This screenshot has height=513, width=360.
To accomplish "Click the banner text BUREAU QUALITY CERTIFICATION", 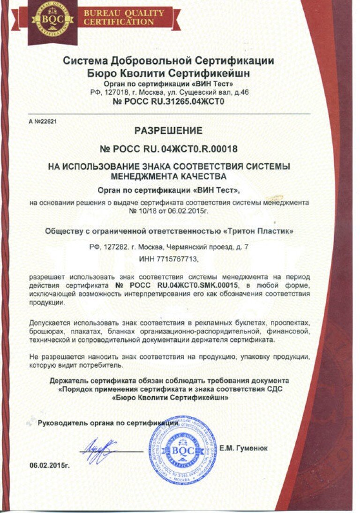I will [124, 17].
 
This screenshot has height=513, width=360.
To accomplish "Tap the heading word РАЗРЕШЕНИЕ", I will [169, 130].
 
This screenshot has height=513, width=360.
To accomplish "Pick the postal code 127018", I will [113, 92].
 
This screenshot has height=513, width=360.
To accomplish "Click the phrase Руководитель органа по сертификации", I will [107, 422].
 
